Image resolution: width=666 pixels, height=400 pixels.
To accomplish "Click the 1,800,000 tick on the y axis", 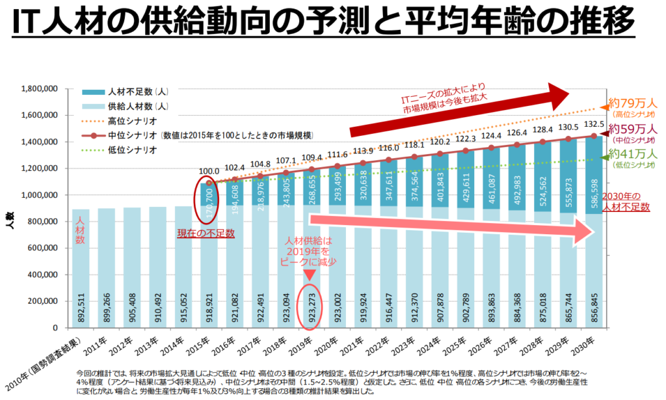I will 40,88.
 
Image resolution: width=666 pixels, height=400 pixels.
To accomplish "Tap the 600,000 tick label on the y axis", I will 43,248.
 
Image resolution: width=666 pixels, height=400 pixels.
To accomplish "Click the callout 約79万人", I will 633,103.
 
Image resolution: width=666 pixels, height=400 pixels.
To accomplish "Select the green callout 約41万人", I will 633,155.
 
